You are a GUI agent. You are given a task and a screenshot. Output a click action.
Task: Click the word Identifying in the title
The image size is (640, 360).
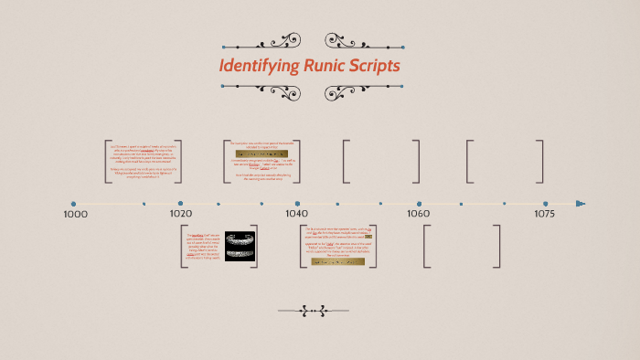258,66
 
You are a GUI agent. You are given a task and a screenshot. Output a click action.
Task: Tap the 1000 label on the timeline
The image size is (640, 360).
75,214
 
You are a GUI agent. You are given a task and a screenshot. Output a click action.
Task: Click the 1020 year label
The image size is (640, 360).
181,214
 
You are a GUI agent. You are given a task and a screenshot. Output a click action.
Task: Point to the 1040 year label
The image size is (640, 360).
297,214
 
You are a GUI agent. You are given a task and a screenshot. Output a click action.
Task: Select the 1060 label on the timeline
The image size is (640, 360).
419,214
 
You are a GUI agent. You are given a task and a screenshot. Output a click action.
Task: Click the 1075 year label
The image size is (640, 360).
545,214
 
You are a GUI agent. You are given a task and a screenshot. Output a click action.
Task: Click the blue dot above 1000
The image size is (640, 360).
74,204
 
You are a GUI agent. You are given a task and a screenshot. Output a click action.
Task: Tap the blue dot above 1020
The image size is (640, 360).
181,203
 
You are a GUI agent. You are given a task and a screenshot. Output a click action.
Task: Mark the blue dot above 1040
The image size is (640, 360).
297,203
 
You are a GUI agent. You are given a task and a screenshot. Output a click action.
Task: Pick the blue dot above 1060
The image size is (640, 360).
419,203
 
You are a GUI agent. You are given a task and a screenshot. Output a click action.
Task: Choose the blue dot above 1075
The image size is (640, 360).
546,203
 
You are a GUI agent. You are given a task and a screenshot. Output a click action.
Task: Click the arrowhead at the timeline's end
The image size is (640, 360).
581,204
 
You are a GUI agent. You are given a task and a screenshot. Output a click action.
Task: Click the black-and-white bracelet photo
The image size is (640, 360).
239,245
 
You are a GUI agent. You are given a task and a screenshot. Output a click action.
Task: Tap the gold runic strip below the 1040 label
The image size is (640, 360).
338,260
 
